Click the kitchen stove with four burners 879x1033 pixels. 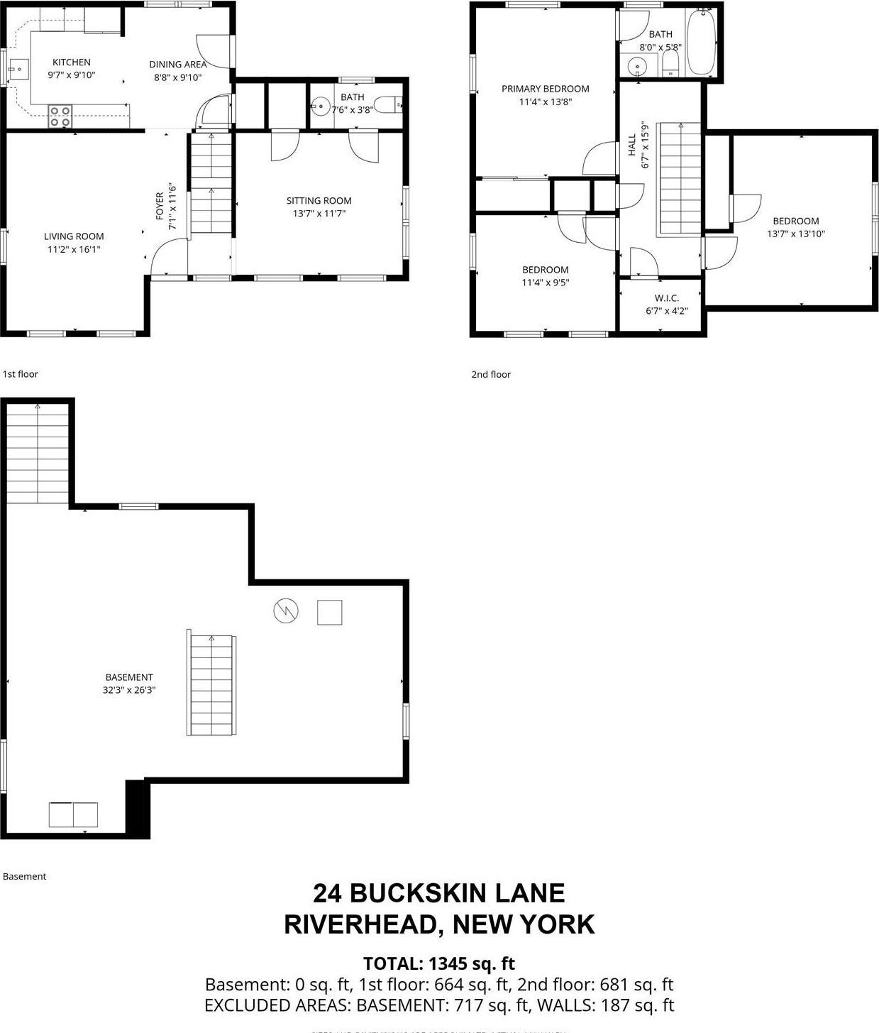coord(60,116)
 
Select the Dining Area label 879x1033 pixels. coord(177,65)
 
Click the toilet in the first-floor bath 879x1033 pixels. coord(387,106)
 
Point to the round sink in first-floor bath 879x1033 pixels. coord(321,107)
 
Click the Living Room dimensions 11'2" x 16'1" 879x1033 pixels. coord(74,249)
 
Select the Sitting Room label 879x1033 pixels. coord(319,201)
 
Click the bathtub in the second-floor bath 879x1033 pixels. coord(701,43)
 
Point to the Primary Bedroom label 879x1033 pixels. coord(545,89)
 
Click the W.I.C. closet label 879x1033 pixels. coord(666,298)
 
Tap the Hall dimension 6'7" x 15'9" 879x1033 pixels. coord(645,144)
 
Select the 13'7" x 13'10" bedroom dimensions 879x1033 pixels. coord(795,234)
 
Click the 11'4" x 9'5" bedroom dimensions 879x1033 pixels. coord(545,283)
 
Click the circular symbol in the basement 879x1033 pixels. coord(286,611)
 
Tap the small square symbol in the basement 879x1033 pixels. coord(329,612)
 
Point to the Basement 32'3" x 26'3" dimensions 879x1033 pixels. coord(128,689)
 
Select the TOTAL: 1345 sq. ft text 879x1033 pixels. coord(438,963)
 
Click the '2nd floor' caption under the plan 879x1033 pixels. coord(491,374)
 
